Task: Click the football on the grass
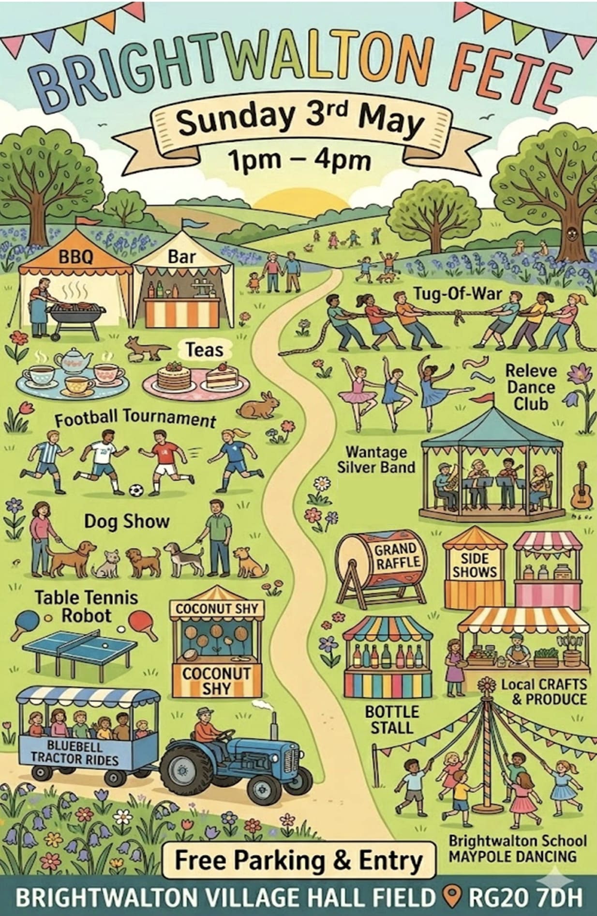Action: (136, 490)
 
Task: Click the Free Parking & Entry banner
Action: (298, 860)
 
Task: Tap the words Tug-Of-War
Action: (457, 294)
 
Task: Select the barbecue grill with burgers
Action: (77, 312)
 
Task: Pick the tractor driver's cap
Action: (205, 711)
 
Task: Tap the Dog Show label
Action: (127, 521)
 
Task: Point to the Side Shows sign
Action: (474, 565)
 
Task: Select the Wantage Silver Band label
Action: (376, 459)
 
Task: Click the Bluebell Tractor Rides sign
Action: (75, 753)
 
